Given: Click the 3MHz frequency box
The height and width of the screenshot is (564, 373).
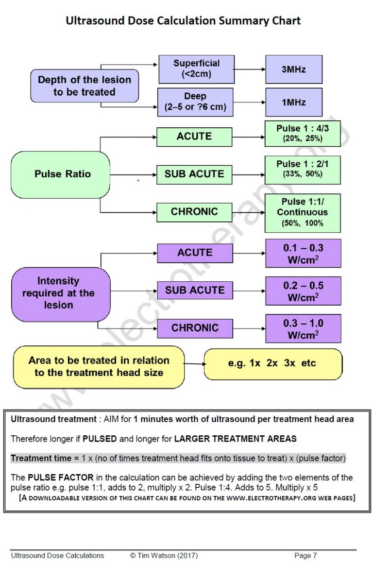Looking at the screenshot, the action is (x=293, y=69).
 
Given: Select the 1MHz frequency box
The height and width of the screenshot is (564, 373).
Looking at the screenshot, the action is (x=293, y=102).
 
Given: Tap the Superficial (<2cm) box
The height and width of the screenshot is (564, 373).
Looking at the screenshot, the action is (x=196, y=69).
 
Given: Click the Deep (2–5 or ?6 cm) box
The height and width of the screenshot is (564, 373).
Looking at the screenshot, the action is (x=195, y=102).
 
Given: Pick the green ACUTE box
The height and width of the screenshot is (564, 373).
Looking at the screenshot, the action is (x=194, y=137).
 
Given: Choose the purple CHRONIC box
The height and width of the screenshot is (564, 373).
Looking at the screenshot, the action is (x=195, y=328).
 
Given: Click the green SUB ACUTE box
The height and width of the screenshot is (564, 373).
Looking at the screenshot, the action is (x=194, y=174).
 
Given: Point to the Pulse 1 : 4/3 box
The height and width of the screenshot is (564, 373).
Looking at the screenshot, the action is (x=303, y=134).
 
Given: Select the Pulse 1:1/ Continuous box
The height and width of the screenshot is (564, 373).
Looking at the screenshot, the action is (x=303, y=213).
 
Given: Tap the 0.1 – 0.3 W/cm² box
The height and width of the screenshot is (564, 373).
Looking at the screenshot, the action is (x=303, y=253).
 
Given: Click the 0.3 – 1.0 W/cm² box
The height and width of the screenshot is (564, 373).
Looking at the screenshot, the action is (x=303, y=328).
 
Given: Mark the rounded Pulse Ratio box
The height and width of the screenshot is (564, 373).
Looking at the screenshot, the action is (x=60, y=174).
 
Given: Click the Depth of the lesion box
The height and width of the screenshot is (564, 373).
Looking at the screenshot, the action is (x=85, y=86).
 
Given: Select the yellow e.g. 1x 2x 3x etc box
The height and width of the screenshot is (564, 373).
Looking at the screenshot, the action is (x=273, y=364).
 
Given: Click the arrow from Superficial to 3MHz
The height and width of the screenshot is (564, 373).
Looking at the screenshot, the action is (x=250, y=69).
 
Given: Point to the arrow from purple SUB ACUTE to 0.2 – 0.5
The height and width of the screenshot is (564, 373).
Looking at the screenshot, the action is (x=249, y=291).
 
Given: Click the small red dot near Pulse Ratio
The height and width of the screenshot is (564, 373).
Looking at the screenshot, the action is (x=138, y=180).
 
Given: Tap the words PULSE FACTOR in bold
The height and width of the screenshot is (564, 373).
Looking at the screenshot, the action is (x=60, y=478).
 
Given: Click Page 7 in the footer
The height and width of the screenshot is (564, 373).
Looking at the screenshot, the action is (x=305, y=555).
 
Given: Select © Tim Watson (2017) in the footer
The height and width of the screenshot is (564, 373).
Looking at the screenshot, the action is (x=164, y=555).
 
